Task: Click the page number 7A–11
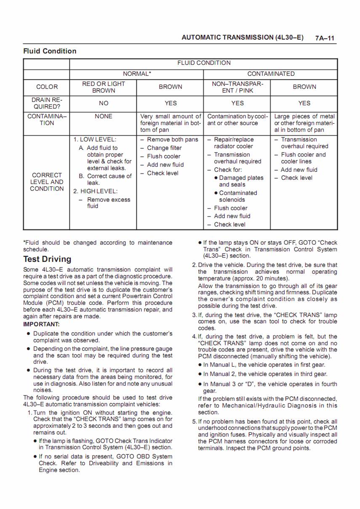(x=325, y=38)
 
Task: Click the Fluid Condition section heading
(x=50, y=51)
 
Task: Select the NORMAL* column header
(x=136, y=74)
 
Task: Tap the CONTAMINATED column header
(x=271, y=74)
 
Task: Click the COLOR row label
(x=47, y=87)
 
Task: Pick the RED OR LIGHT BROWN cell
(x=103, y=87)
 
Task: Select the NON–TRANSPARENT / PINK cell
(x=237, y=87)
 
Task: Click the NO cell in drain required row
(x=103, y=103)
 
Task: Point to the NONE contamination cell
(x=103, y=116)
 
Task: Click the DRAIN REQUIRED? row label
(x=47, y=103)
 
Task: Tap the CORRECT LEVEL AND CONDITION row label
(x=47, y=182)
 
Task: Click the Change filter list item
(x=164, y=148)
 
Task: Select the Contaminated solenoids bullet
(x=238, y=196)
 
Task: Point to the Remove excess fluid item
(x=108, y=203)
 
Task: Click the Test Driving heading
(x=47, y=259)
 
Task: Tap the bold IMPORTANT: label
(x=41, y=324)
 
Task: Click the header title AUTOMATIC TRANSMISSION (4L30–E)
(x=243, y=37)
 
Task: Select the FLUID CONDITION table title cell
(x=204, y=63)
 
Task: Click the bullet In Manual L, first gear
(x=264, y=365)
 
